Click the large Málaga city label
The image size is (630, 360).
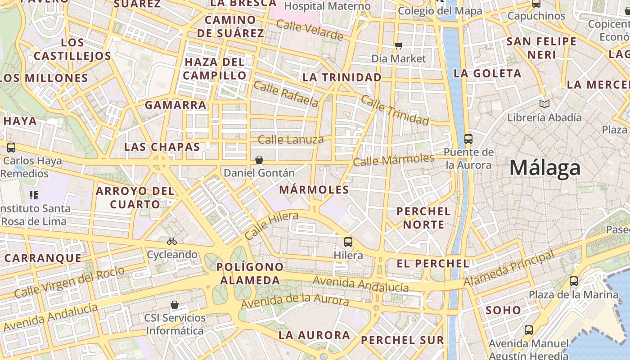point(545,168)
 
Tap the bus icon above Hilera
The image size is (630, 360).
point(348,242)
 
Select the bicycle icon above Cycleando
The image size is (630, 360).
point(172,241)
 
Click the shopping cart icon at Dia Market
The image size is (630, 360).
point(398,45)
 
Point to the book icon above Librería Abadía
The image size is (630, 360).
point(544,104)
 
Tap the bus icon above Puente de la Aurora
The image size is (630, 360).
point(468,139)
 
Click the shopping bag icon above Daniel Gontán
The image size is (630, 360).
point(259,159)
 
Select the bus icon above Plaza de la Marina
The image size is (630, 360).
point(573,281)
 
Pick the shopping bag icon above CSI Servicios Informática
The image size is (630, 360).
point(175,305)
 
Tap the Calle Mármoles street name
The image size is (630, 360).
point(393,160)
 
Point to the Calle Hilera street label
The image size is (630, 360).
point(271,225)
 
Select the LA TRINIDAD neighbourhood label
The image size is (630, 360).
point(342,77)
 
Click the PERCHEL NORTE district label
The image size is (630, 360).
point(423,218)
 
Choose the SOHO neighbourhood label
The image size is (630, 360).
point(503,310)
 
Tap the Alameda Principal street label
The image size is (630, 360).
point(509,269)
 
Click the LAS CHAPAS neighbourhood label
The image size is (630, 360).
point(162,147)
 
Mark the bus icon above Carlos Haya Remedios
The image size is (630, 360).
point(11,147)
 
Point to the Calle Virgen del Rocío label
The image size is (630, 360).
point(69,282)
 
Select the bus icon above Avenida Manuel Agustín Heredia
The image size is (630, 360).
point(529,330)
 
